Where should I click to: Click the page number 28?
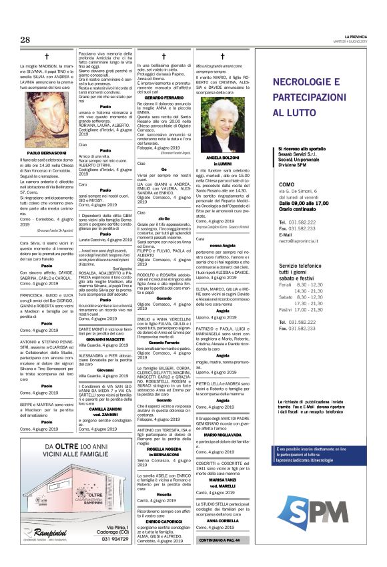tap(25, 39)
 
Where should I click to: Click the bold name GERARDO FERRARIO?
tap(159, 98)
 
